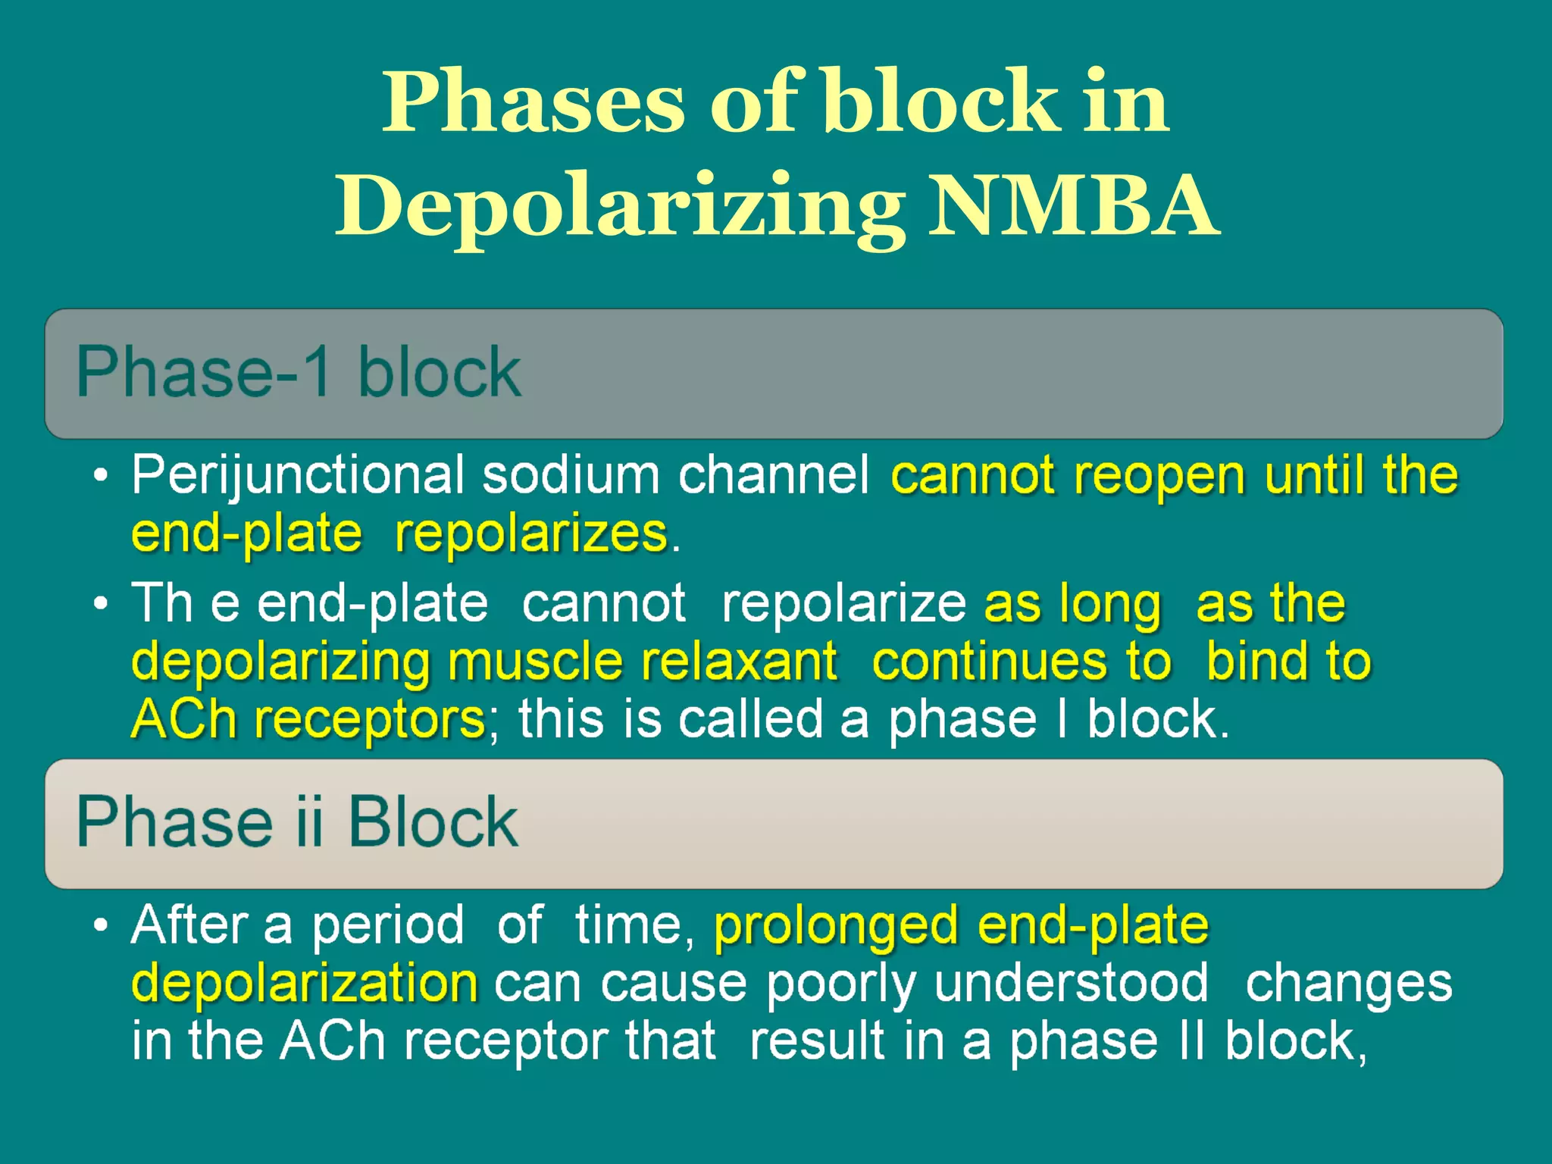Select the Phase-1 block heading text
click(x=299, y=372)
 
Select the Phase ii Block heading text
click(x=297, y=822)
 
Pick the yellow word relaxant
click(x=740, y=662)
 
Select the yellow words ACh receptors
click(x=308, y=719)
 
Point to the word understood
click(x=1071, y=984)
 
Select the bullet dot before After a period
click(x=100, y=926)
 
